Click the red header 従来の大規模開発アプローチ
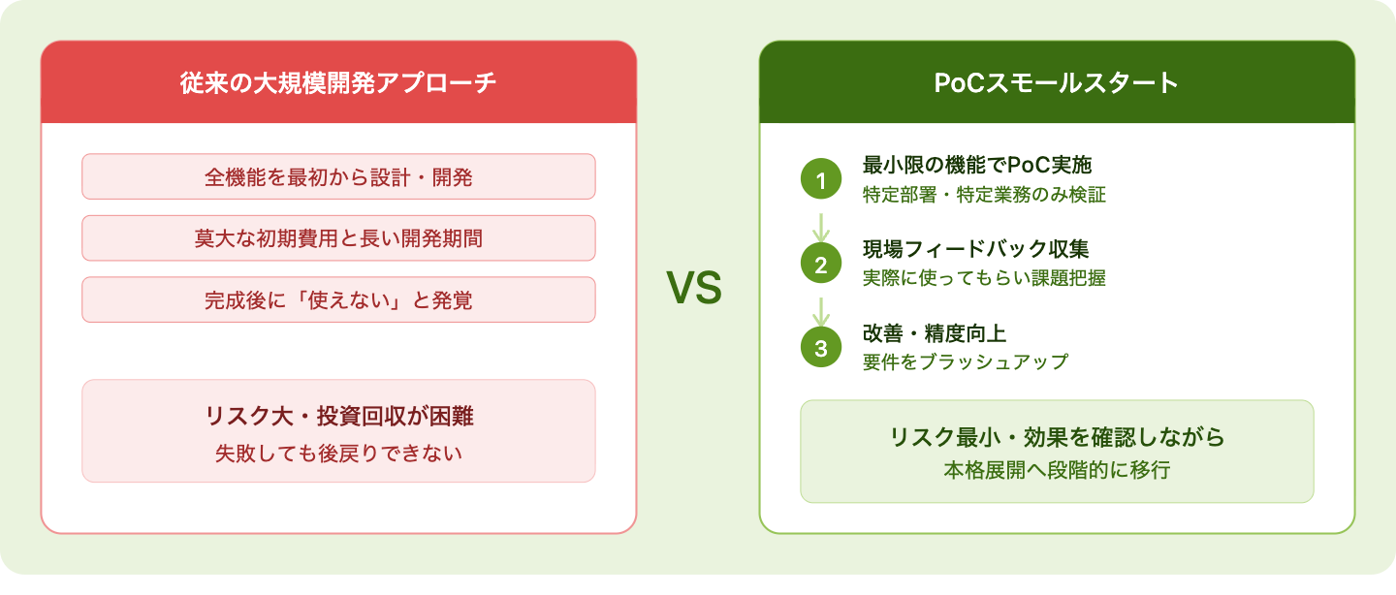[338, 82]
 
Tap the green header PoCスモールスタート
[1057, 82]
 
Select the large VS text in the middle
[694, 288]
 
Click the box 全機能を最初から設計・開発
[338, 177]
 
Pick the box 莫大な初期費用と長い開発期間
[338, 238]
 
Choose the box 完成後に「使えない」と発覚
[338, 299]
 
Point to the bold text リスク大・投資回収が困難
[339, 416]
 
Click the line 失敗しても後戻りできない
[338, 453]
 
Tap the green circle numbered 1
[821, 179]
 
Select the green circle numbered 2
[821, 263]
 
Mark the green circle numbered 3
[821, 347]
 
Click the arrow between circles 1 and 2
[821, 228]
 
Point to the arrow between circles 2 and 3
[821, 311]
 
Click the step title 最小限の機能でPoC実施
[977, 165]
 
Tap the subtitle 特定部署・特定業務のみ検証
[984, 195]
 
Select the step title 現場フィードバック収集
[976, 249]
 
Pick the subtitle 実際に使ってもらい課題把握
[984, 278]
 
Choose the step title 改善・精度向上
[935, 333]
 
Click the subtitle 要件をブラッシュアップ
[966, 362]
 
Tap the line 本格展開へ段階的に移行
[1057, 470]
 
